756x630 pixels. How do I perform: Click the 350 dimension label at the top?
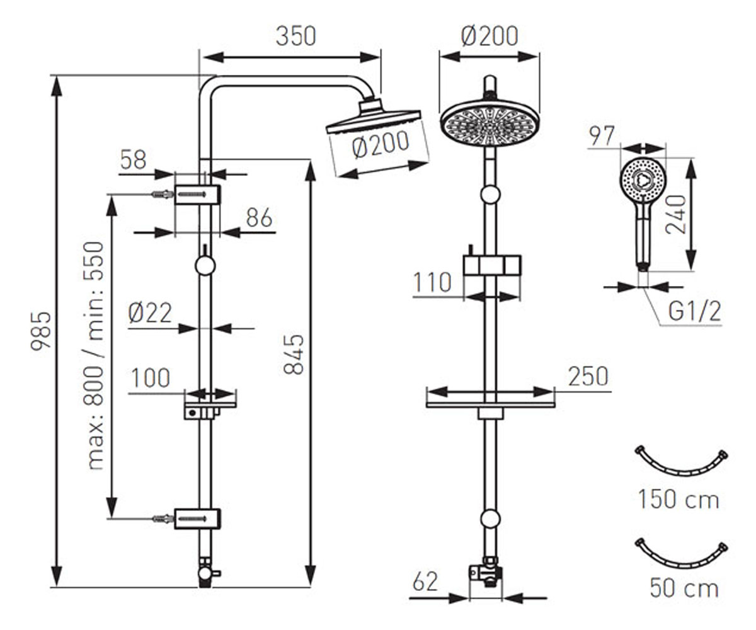[x=296, y=36]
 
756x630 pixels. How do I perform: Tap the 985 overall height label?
[x=41, y=331]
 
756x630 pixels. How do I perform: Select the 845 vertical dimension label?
[x=294, y=355]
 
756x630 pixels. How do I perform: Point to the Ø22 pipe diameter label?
[x=150, y=313]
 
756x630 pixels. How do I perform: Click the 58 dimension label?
[x=133, y=159]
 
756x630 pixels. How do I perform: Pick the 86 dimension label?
[x=259, y=217]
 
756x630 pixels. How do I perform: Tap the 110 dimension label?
[x=432, y=282]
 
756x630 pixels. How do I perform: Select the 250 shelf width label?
[x=588, y=376]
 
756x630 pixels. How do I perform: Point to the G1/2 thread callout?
[x=694, y=311]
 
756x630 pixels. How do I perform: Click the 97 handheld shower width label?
[x=602, y=136]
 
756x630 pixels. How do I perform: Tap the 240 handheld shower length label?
[x=676, y=214]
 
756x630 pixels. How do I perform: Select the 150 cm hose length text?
[x=679, y=500]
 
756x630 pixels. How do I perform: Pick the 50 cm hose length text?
[x=684, y=588]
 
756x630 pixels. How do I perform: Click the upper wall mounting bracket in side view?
[x=197, y=195]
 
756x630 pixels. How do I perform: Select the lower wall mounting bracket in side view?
[x=197, y=519]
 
